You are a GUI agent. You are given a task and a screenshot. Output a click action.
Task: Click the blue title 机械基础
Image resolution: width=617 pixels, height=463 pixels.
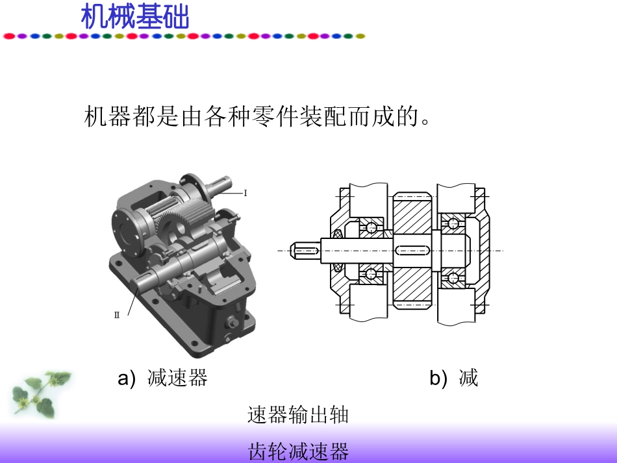(135, 16)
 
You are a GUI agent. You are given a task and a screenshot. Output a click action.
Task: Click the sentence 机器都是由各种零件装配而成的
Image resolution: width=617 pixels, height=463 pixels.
(257, 116)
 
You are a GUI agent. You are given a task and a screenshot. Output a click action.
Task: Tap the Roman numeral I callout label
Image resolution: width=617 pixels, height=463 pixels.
(246, 193)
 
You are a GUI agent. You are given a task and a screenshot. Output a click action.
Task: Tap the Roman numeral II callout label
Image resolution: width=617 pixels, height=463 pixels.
(117, 315)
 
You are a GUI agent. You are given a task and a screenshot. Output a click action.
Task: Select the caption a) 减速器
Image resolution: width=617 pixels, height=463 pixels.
(162, 378)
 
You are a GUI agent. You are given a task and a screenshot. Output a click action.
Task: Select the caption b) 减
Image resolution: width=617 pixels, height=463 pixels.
(454, 378)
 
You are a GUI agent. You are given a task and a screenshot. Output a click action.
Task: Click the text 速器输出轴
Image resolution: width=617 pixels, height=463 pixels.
(298, 415)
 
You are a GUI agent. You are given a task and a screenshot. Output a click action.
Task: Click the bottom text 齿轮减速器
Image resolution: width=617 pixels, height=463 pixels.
(298, 451)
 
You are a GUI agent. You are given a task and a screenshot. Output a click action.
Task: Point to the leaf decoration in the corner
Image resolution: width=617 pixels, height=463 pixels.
(40, 394)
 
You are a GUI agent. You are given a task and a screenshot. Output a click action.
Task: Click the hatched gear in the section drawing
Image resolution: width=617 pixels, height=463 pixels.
(412, 251)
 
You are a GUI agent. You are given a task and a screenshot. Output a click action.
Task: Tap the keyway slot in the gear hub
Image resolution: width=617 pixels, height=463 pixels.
(412, 251)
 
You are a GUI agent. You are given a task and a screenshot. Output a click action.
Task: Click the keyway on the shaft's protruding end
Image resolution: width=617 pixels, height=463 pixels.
(306, 251)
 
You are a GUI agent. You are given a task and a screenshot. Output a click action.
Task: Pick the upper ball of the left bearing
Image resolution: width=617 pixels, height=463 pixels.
(371, 227)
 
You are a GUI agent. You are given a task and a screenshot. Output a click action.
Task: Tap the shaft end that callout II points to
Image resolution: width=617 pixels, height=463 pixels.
(141, 283)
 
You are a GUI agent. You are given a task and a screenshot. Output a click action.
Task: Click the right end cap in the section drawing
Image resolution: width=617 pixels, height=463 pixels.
(480, 251)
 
